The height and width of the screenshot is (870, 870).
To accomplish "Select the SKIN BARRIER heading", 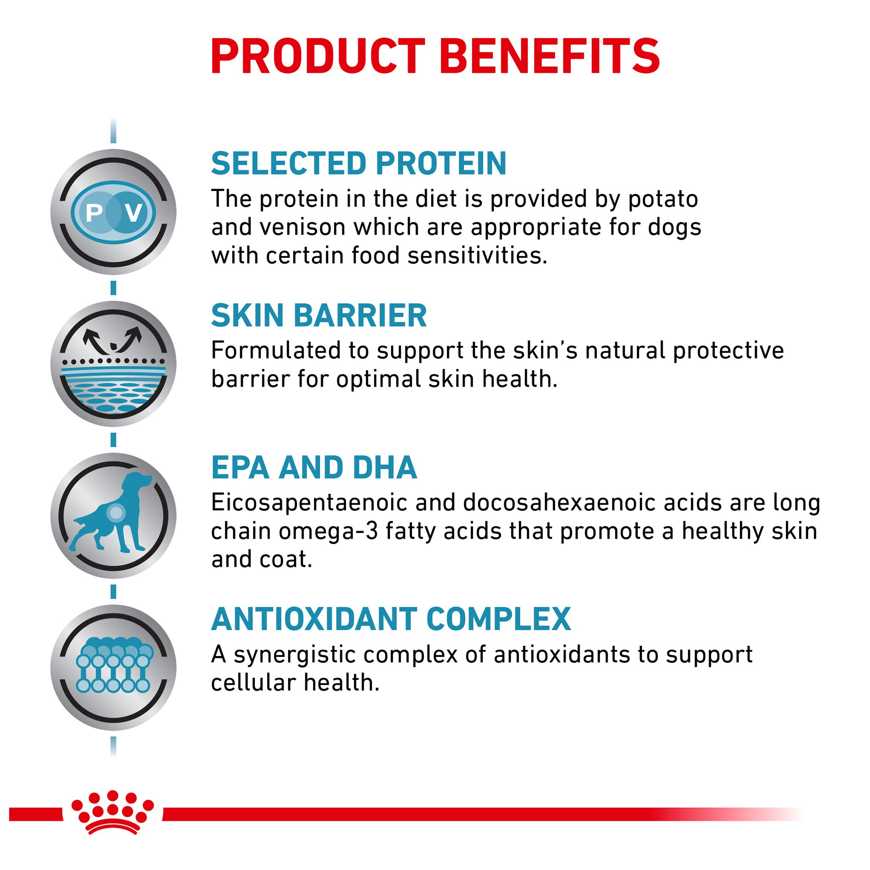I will click(319, 316).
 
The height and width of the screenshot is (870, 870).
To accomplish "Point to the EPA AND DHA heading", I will click(314, 468).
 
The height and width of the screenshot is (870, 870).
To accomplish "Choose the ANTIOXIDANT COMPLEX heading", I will click(391, 619).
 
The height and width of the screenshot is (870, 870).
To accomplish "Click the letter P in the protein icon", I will click(94, 213).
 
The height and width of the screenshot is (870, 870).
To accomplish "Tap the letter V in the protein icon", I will click(134, 213).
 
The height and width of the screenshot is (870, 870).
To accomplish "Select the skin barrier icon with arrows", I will click(114, 364).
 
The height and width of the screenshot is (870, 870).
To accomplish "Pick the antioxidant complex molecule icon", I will click(114, 666).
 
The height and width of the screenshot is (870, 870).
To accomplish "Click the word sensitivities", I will click(477, 256).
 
